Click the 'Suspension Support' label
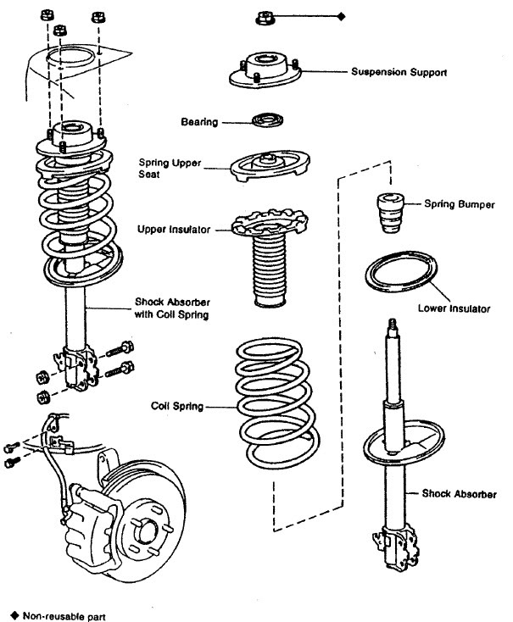399,72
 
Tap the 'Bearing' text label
199,122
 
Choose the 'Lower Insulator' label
454,309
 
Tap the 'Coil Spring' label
176,406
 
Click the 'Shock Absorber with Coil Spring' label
171,308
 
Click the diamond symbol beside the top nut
341,16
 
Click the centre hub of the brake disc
150,532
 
